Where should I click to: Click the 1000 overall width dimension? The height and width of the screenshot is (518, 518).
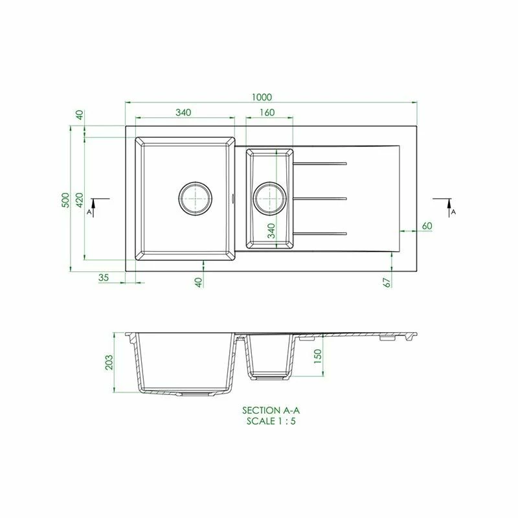pos(261,97)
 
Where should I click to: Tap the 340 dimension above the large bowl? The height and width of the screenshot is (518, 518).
pos(183,113)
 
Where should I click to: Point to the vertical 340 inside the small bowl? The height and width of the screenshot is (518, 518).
pos(272,231)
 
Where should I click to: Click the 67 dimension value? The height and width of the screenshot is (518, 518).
pos(386,282)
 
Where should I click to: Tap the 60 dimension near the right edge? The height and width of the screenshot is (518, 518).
pos(426,225)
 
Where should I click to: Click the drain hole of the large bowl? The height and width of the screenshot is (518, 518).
pos(195,197)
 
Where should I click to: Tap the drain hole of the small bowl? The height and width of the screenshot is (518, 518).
pos(269,197)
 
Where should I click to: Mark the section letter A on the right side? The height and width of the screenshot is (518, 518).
pos(453,212)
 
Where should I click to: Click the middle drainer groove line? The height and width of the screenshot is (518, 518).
pos(321,197)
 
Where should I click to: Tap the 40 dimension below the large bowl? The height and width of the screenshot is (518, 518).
pos(199,282)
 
